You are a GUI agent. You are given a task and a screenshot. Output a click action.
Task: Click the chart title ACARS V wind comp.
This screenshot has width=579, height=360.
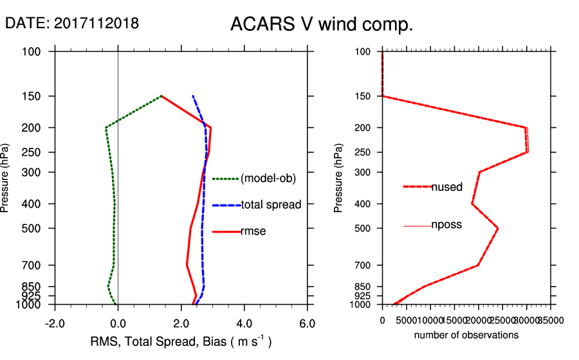click(x=321, y=25)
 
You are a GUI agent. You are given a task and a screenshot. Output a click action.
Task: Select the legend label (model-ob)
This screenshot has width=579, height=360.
click(x=268, y=179)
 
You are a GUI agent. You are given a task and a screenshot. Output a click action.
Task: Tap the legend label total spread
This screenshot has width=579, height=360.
click(x=271, y=205)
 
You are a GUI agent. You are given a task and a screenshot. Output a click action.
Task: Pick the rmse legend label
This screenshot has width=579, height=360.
click(x=253, y=231)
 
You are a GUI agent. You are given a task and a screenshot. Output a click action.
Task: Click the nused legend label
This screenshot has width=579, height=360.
click(x=446, y=187)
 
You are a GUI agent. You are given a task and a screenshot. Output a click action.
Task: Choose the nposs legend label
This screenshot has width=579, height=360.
click(x=446, y=225)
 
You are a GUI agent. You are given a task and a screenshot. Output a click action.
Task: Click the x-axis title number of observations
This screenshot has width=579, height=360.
click(x=466, y=335)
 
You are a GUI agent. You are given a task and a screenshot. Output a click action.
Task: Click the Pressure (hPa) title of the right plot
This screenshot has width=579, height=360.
click(x=339, y=178)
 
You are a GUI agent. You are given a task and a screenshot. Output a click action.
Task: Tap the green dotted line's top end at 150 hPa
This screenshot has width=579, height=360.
click(x=161, y=96)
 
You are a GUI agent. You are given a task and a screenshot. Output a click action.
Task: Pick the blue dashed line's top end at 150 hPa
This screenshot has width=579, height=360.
click(x=192, y=96)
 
